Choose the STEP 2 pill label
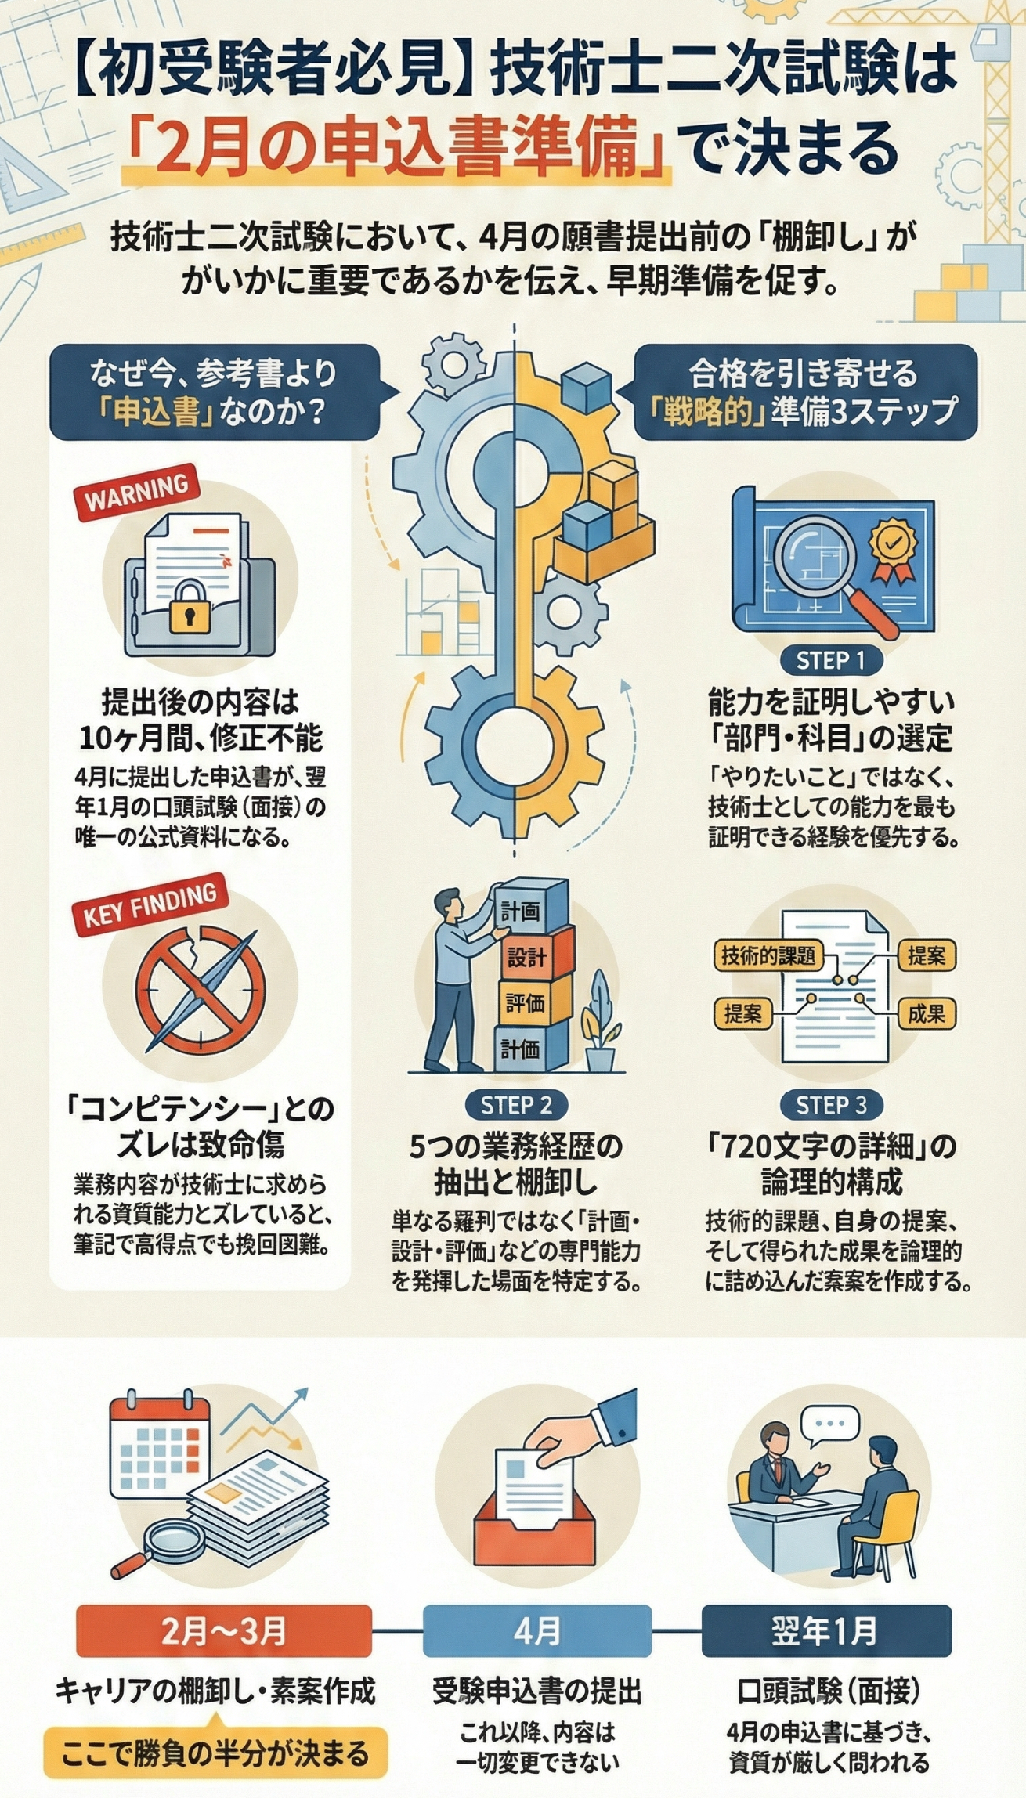click(x=516, y=1105)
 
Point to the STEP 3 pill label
click(x=831, y=1105)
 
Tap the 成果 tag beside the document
click(x=927, y=1015)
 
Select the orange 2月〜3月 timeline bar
click(x=224, y=1631)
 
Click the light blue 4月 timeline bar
click(x=537, y=1631)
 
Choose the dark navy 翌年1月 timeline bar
click(x=826, y=1631)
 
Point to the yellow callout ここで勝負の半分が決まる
click(x=215, y=1753)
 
